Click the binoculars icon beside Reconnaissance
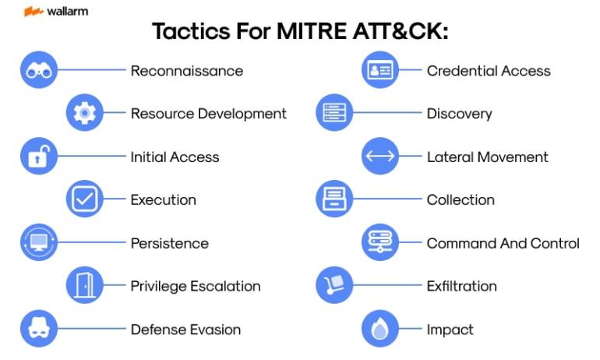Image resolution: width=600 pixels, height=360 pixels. click(39, 70)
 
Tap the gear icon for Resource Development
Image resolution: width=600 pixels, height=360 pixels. click(85, 113)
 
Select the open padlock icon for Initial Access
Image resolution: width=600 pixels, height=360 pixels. click(39, 156)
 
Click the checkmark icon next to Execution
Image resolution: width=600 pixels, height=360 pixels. click(85, 199)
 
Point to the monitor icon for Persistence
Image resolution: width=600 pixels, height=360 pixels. click(39, 242)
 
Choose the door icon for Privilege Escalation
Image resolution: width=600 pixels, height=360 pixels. click(85, 285)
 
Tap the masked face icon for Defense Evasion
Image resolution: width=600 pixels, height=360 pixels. click(39, 329)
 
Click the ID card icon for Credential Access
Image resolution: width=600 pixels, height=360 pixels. click(380, 70)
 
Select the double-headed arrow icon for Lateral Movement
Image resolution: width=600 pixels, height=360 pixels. click(380, 156)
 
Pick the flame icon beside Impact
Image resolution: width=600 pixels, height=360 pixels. click(380, 329)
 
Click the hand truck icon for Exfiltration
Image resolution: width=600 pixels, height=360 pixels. click(334, 285)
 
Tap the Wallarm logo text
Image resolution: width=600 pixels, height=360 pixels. click(67, 12)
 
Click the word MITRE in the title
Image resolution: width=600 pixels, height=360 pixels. click(312, 31)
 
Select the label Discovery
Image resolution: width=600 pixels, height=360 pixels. click(460, 114)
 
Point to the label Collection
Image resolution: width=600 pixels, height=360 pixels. click(461, 199)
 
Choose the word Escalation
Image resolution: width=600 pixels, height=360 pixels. click(225, 286)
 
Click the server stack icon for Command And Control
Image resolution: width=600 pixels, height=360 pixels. click(380, 242)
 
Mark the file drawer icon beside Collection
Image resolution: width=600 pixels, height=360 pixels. click(334, 199)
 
